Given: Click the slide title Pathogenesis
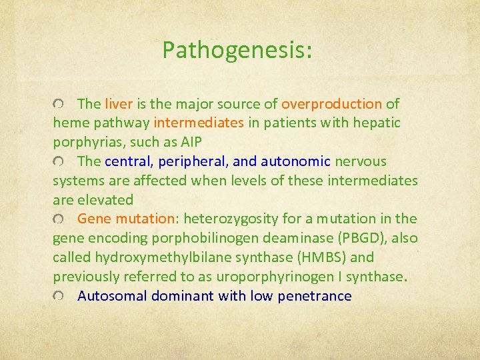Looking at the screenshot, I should pyautogui.click(x=237, y=49).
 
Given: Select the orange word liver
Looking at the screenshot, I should pyautogui.click(x=119, y=104).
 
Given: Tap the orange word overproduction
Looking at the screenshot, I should pyautogui.click(x=331, y=104).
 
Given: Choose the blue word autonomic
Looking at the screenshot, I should pyautogui.click(x=295, y=161).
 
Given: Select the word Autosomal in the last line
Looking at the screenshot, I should pyautogui.click(x=112, y=296).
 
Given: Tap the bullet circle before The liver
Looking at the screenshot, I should pyautogui.click(x=59, y=105).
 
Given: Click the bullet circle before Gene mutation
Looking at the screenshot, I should pyautogui.click(x=59, y=219).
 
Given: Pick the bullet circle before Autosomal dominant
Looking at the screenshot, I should pyautogui.click(x=59, y=297).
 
